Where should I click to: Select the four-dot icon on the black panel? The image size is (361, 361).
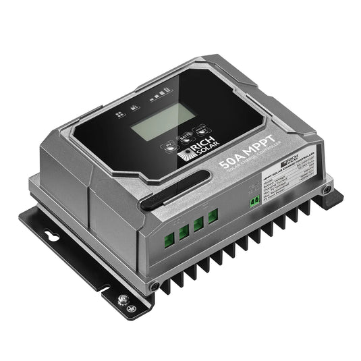[118, 115]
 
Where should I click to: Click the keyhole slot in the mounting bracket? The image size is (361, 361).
[48, 238]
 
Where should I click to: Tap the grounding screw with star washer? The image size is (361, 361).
[123, 298]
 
